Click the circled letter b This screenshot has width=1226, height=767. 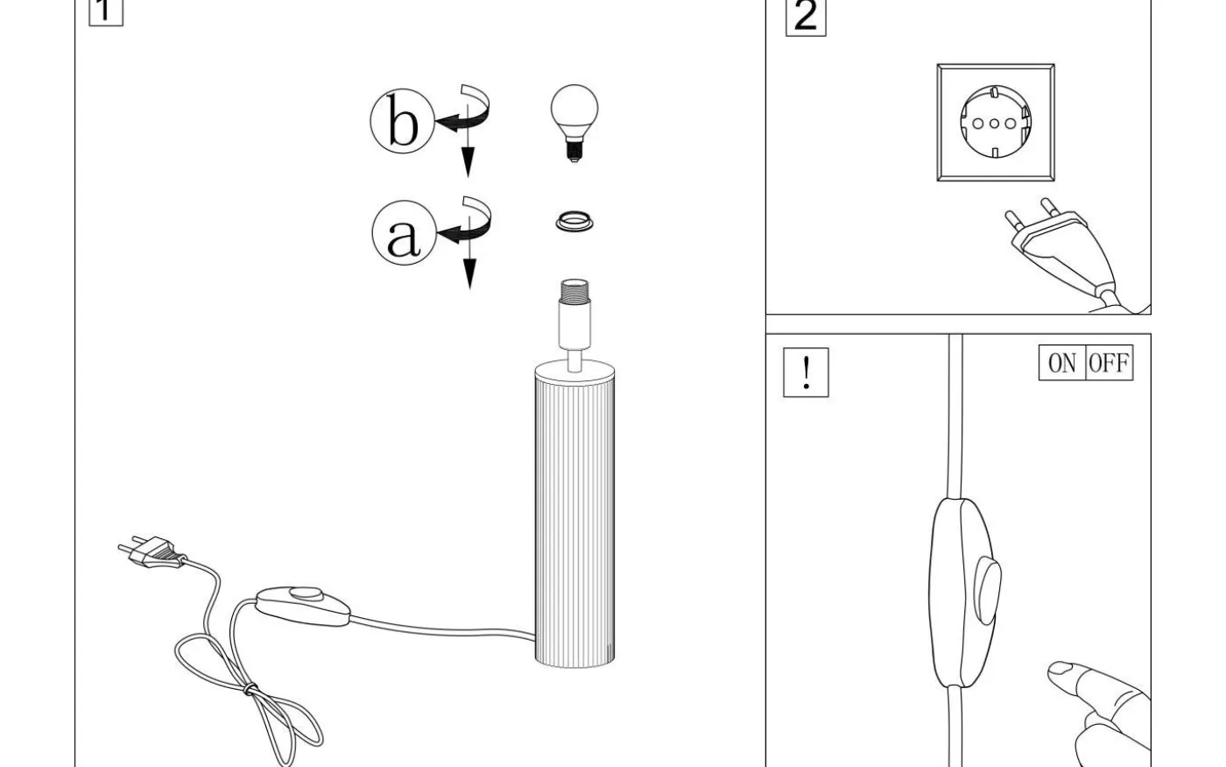pyautogui.click(x=402, y=121)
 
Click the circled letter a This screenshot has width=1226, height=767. pyautogui.click(x=404, y=233)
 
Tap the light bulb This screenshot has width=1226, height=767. pyautogui.click(x=574, y=123)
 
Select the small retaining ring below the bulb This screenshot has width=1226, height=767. pyautogui.click(x=574, y=223)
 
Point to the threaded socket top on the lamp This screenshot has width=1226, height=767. pyautogui.click(x=574, y=290)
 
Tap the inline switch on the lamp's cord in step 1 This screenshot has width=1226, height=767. pyautogui.click(x=303, y=606)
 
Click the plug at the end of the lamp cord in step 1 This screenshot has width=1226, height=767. pyautogui.click(x=152, y=551)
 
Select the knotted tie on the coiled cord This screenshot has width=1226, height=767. pyautogui.click(x=250, y=689)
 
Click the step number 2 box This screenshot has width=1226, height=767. pyautogui.click(x=806, y=18)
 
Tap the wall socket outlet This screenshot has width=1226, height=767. pyautogui.click(x=996, y=122)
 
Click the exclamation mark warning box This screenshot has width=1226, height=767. pyautogui.click(x=806, y=372)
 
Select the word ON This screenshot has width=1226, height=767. pyautogui.click(x=1061, y=363)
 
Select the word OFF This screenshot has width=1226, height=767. pyautogui.click(x=1109, y=363)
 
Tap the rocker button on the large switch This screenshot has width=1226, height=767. pyautogui.click(x=989, y=591)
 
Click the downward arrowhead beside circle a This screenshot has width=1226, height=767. pyautogui.click(x=469, y=273)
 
